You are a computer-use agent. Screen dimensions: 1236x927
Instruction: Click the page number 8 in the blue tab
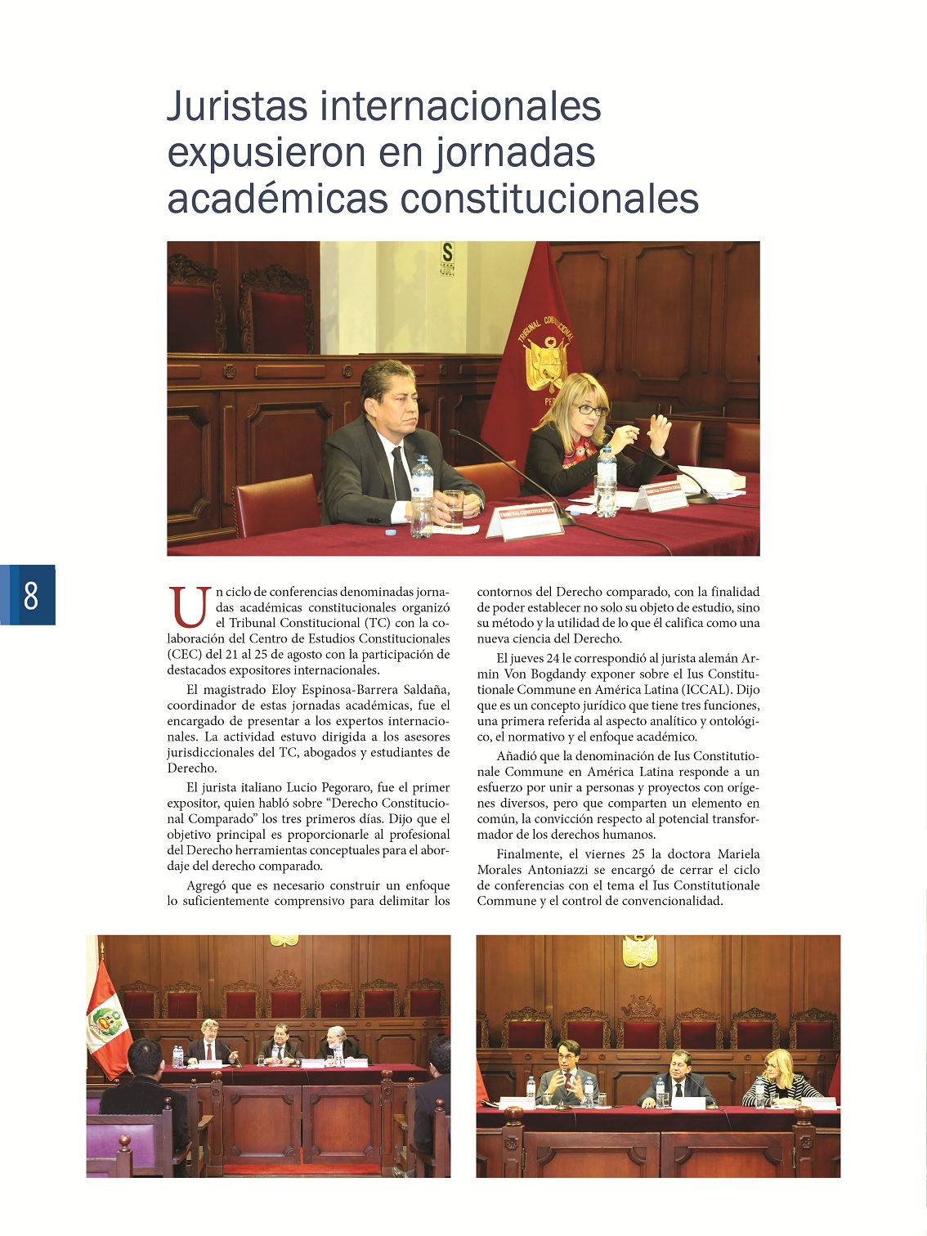31,595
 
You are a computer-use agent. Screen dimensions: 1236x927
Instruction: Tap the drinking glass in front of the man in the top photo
454,508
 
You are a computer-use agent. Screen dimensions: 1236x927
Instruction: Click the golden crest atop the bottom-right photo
640,951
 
